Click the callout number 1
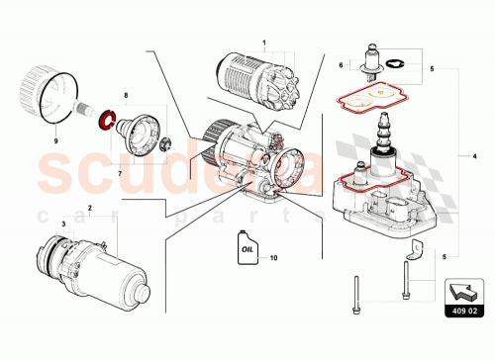(265, 43)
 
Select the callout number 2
(91, 209)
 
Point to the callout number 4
(475, 157)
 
